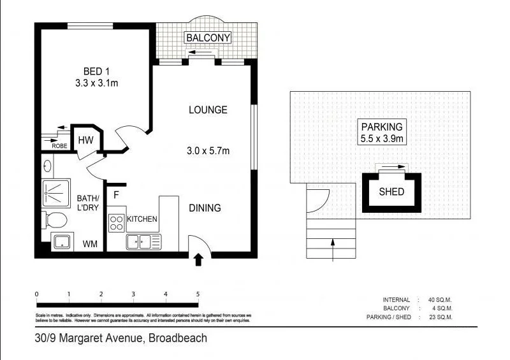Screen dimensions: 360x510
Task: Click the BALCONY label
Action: point(208,38)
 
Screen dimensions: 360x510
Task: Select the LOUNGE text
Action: point(208,110)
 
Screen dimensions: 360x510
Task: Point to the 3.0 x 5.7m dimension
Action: point(208,151)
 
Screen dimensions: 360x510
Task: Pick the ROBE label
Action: point(59,146)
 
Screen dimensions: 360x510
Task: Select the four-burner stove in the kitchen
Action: point(117,222)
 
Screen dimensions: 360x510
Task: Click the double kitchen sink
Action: point(143,241)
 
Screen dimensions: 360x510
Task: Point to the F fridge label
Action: point(117,196)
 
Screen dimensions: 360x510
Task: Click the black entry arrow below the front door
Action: point(198,259)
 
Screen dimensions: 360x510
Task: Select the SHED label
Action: point(391,191)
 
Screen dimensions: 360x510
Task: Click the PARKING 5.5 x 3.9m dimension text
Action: point(381,138)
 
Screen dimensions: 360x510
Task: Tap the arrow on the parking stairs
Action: point(332,249)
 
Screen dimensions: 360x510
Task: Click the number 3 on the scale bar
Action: point(133,294)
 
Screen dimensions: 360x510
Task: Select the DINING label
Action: point(205,208)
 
